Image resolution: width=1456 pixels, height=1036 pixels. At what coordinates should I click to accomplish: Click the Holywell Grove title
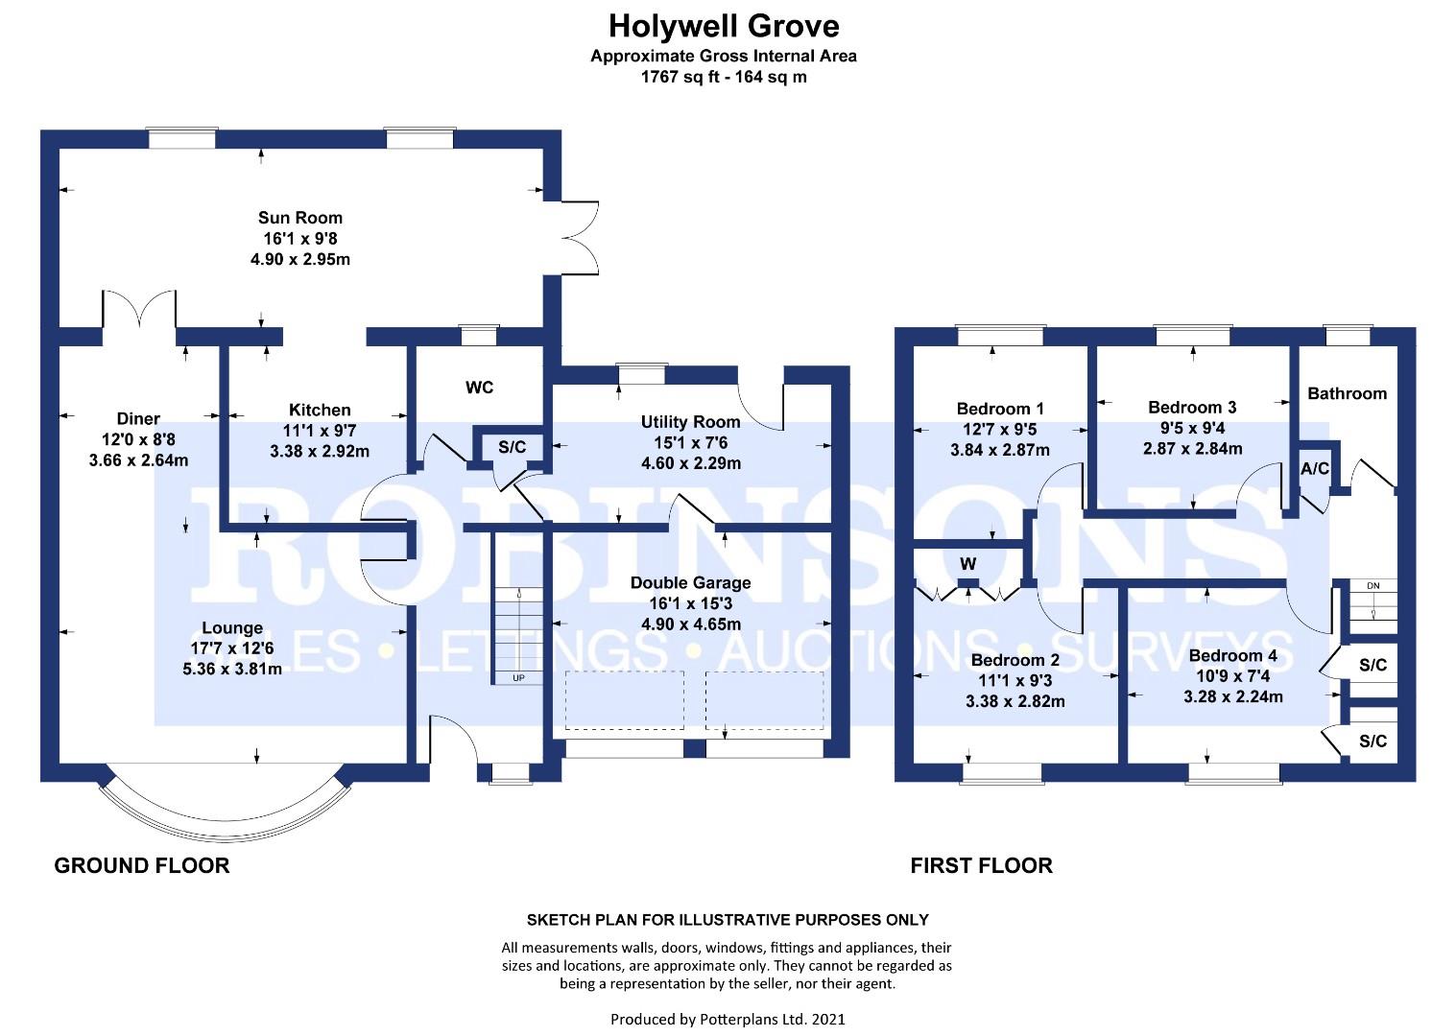point(724,27)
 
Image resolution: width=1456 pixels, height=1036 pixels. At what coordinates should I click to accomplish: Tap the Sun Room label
point(299,218)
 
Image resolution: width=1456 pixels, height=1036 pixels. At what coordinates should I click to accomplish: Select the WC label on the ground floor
point(479,388)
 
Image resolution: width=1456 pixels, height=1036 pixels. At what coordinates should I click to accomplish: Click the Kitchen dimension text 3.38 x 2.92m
point(320,452)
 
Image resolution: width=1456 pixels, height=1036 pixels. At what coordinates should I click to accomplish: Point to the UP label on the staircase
point(518,678)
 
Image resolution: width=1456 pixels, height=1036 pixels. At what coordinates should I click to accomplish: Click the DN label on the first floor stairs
point(1372,586)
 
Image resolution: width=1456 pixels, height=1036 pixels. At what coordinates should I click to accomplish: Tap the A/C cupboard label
point(1314,468)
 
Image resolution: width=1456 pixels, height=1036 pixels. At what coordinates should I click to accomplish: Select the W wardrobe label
point(967,564)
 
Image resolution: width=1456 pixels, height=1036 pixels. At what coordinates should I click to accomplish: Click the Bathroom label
point(1347,393)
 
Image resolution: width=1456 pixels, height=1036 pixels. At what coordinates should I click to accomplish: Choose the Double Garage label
point(690,582)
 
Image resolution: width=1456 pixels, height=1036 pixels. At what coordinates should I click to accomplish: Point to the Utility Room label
point(690,422)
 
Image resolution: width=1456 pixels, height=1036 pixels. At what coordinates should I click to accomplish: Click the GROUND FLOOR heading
point(142,866)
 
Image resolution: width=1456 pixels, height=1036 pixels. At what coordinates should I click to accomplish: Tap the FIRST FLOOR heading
point(981,866)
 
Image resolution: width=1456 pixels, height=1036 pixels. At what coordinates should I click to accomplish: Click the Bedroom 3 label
point(1192,408)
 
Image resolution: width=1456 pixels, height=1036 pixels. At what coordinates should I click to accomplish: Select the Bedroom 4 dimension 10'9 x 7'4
point(1233,676)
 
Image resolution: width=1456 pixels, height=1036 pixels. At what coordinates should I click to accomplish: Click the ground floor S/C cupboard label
point(513,447)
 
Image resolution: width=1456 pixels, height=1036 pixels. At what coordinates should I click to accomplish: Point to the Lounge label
point(232,628)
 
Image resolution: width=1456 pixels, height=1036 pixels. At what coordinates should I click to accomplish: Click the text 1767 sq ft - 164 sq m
point(724,78)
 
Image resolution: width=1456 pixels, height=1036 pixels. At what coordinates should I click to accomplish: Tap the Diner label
point(138,419)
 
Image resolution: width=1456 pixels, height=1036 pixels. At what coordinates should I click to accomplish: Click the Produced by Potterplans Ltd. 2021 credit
point(728,1019)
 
